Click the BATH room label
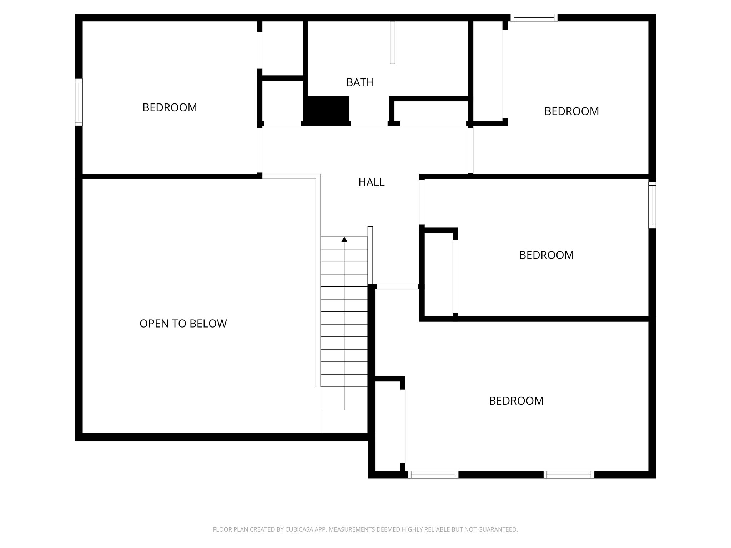[360, 82]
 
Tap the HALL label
[371, 182]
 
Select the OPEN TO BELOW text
[183, 324]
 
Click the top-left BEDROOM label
[170, 107]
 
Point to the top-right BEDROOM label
[571, 111]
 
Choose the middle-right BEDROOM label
[546, 255]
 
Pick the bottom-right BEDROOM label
[516, 401]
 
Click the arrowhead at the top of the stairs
[344, 239]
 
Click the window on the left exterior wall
[79, 102]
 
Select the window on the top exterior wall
[534, 17]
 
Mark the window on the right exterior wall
[652, 205]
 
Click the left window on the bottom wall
[433, 475]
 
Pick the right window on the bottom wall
[569, 475]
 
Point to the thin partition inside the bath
[393, 42]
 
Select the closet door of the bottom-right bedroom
[403, 426]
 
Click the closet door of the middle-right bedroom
[455, 276]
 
